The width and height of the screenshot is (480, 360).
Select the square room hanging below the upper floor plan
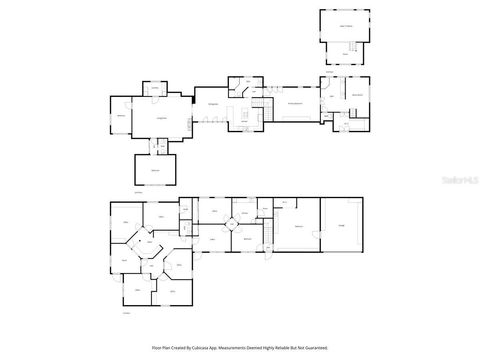tap(155, 170)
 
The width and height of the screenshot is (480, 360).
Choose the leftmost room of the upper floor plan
tap(121, 116)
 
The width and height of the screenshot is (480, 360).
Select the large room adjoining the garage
tap(299, 228)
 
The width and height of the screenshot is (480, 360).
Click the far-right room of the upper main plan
tap(356, 96)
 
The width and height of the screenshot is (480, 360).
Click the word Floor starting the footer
tap(156, 347)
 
